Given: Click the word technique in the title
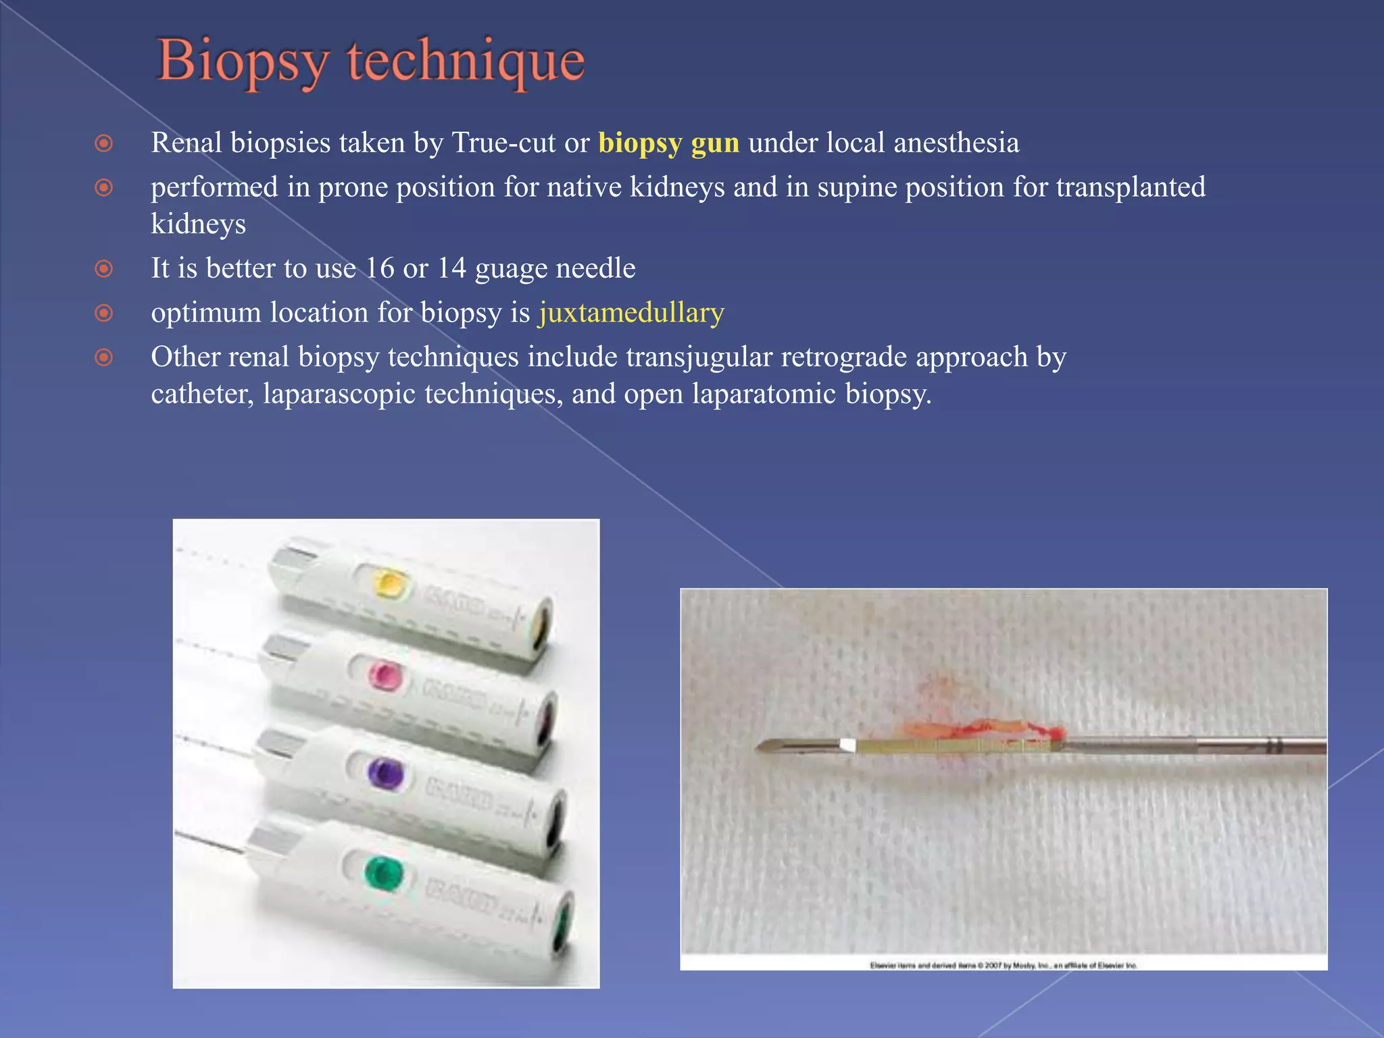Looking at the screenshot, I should (466, 62).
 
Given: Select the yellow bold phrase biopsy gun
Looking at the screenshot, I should (668, 143).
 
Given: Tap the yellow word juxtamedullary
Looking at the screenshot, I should (631, 313).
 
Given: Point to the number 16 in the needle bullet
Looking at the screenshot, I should (379, 268).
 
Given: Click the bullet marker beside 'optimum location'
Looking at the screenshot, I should (103, 314).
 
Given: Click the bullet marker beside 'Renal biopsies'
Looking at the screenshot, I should (103, 144).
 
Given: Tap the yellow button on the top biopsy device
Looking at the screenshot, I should (389, 583).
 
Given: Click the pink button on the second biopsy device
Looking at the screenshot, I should (385, 676).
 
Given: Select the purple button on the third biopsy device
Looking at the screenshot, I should (386, 772).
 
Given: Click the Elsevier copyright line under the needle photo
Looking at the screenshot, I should (1003, 965).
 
